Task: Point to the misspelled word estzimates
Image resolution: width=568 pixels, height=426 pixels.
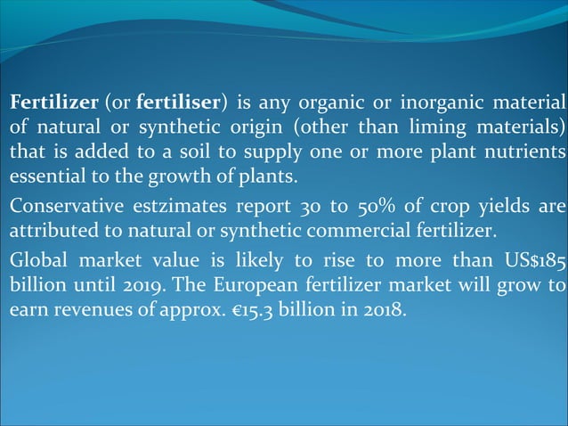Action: pyautogui.click(x=183, y=208)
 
